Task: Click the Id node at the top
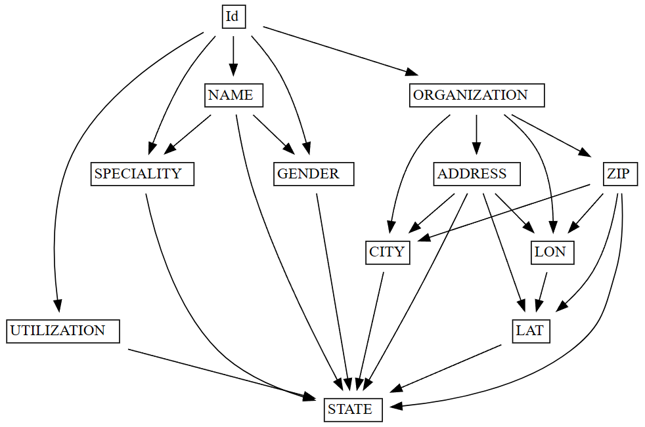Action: (233, 16)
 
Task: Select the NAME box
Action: (233, 95)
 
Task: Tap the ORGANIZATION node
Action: (476, 95)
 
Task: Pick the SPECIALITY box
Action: (142, 174)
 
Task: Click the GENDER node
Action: (313, 174)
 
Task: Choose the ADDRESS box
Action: (477, 174)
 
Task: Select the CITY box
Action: (388, 253)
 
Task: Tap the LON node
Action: (552, 253)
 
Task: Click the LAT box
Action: (530, 331)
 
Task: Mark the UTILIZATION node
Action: (63, 331)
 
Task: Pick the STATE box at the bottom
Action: (353, 410)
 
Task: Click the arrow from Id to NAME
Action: (233, 56)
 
